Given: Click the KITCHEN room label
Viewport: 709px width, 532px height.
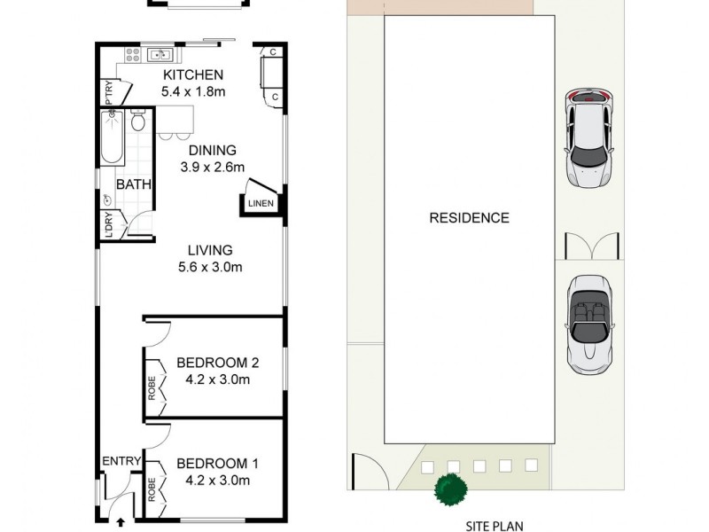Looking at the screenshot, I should (x=191, y=74).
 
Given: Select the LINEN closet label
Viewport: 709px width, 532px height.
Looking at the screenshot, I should (x=261, y=205).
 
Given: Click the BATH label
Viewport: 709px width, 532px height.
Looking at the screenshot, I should (x=134, y=185).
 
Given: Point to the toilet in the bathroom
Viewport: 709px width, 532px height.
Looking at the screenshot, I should (x=137, y=121).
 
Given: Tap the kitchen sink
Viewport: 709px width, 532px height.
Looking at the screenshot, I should (x=160, y=53).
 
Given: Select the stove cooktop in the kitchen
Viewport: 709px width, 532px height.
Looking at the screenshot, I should (x=133, y=55).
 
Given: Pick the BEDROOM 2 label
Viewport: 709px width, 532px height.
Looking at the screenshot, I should (x=217, y=362).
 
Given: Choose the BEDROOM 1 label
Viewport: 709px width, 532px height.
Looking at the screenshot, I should (x=217, y=463).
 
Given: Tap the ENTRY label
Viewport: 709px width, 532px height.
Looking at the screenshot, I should (x=121, y=461).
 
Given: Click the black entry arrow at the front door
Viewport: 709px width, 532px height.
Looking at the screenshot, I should (x=121, y=522).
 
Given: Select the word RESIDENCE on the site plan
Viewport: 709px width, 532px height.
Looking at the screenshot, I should (x=469, y=217).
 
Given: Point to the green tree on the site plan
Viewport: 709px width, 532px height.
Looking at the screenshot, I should (x=450, y=489).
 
